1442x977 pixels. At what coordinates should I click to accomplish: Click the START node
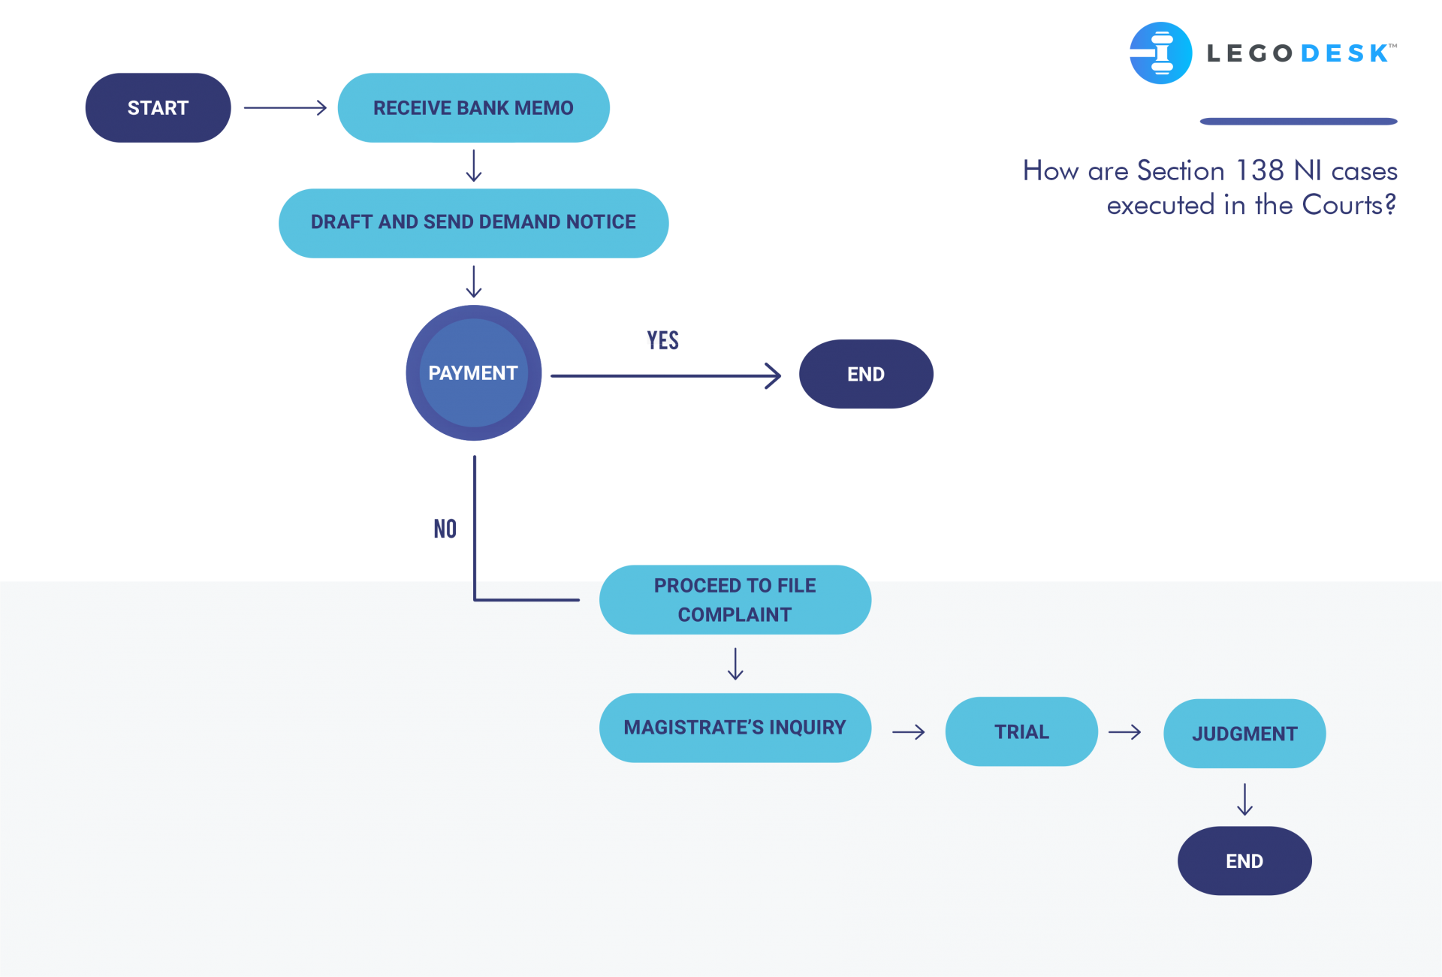click(158, 107)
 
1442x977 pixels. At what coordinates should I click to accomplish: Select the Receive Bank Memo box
click(473, 107)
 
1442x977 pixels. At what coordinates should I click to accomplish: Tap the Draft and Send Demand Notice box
click(473, 223)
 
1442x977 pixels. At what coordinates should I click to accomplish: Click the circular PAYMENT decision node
click(473, 372)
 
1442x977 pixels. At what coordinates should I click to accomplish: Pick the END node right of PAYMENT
click(866, 374)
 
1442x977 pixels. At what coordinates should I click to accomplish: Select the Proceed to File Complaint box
click(735, 599)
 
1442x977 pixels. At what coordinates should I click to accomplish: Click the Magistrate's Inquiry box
click(735, 728)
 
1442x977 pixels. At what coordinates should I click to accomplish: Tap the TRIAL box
click(1021, 731)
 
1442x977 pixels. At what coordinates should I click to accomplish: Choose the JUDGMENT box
click(1244, 734)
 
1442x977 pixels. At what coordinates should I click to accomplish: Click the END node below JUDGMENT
click(1244, 861)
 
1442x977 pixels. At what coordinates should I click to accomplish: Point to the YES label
click(662, 341)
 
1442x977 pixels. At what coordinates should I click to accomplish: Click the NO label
click(445, 529)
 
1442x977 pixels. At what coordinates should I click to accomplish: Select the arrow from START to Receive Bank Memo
click(285, 107)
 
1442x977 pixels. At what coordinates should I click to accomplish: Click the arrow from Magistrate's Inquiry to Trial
click(909, 731)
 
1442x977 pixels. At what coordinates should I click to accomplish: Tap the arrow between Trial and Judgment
click(1124, 731)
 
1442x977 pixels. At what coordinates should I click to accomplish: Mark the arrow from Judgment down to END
click(1244, 799)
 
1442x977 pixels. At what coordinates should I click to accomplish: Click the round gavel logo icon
click(1160, 53)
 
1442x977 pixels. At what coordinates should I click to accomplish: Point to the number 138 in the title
click(1259, 170)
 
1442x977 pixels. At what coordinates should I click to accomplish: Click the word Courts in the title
click(1342, 204)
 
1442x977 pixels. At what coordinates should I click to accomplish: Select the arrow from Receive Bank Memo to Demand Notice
click(473, 166)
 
